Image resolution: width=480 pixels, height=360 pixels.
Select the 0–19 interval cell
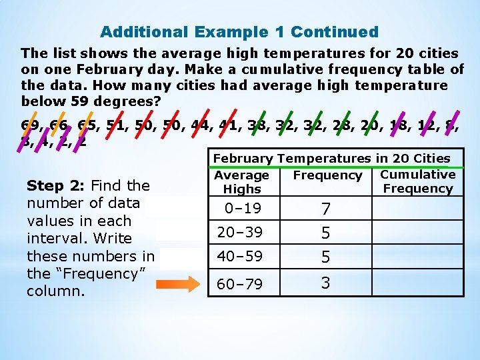tap(243, 209)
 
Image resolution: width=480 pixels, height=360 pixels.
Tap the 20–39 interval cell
tap(243, 232)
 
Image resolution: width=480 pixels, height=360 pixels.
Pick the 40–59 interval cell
tap(243, 257)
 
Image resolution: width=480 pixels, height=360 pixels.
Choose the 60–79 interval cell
tap(243, 285)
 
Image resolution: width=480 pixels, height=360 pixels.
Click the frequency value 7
tap(325, 209)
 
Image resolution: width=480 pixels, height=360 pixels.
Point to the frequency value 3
tap(325, 283)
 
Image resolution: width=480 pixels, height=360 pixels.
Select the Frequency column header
tap(327, 175)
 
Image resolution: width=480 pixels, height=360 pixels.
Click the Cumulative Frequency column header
tap(417, 181)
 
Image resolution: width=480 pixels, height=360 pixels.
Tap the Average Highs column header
tap(242, 182)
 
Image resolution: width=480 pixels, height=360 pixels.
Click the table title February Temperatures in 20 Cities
tap(331, 158)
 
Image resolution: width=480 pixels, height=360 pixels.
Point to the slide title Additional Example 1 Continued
tap(239, 32)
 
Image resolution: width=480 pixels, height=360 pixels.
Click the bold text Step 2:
tap(56, 186)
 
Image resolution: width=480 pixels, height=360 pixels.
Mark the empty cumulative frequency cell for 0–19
tap(417, 209)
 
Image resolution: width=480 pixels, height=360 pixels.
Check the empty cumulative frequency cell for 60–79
tap(417, 283)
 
